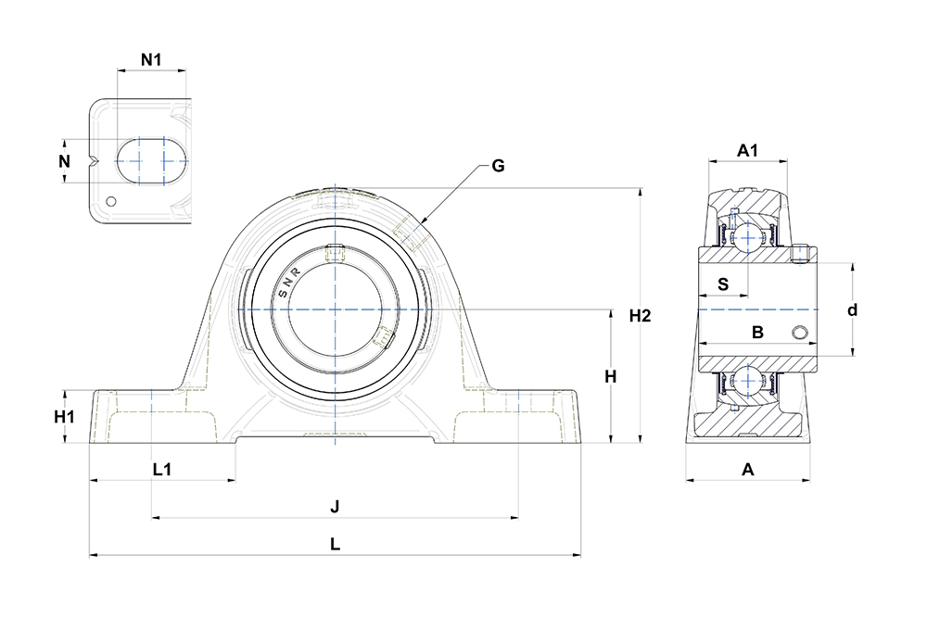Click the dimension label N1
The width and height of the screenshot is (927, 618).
tap(151, 59)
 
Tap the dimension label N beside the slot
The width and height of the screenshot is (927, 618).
tap(65, 160)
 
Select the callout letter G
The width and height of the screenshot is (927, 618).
tap(499, 166)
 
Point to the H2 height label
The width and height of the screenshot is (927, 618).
tap(640, 316)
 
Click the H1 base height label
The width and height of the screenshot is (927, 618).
tap(65, 417)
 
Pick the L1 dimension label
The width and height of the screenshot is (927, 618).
tap(162, 470)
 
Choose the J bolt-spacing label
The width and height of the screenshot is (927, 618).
tap(335, 507)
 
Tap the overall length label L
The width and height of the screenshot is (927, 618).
tap(335, 544)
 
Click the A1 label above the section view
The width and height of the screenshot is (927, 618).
tap(747, 151)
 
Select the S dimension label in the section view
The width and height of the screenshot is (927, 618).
tap(723, 284)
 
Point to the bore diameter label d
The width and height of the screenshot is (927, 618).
tap(852, 310)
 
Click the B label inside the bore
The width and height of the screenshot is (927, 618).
tap(757, 333)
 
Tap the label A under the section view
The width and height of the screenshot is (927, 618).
tap(748, 470)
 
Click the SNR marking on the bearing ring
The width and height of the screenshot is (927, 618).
tap(289, 283)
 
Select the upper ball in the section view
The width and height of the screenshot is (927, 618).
tap(748, 237)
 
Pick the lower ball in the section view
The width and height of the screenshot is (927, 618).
tap(748, 382)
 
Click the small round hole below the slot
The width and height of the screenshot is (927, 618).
tap(111, 201)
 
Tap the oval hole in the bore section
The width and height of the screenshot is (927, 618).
tap(799, 333)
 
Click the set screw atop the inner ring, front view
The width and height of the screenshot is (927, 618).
tap(334, 253)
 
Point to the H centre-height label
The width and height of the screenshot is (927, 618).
tap(611, 376)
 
